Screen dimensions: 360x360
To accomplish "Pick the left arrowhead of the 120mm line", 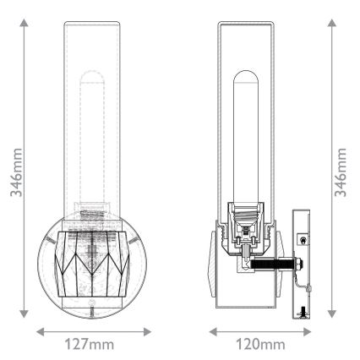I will [211, 330].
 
